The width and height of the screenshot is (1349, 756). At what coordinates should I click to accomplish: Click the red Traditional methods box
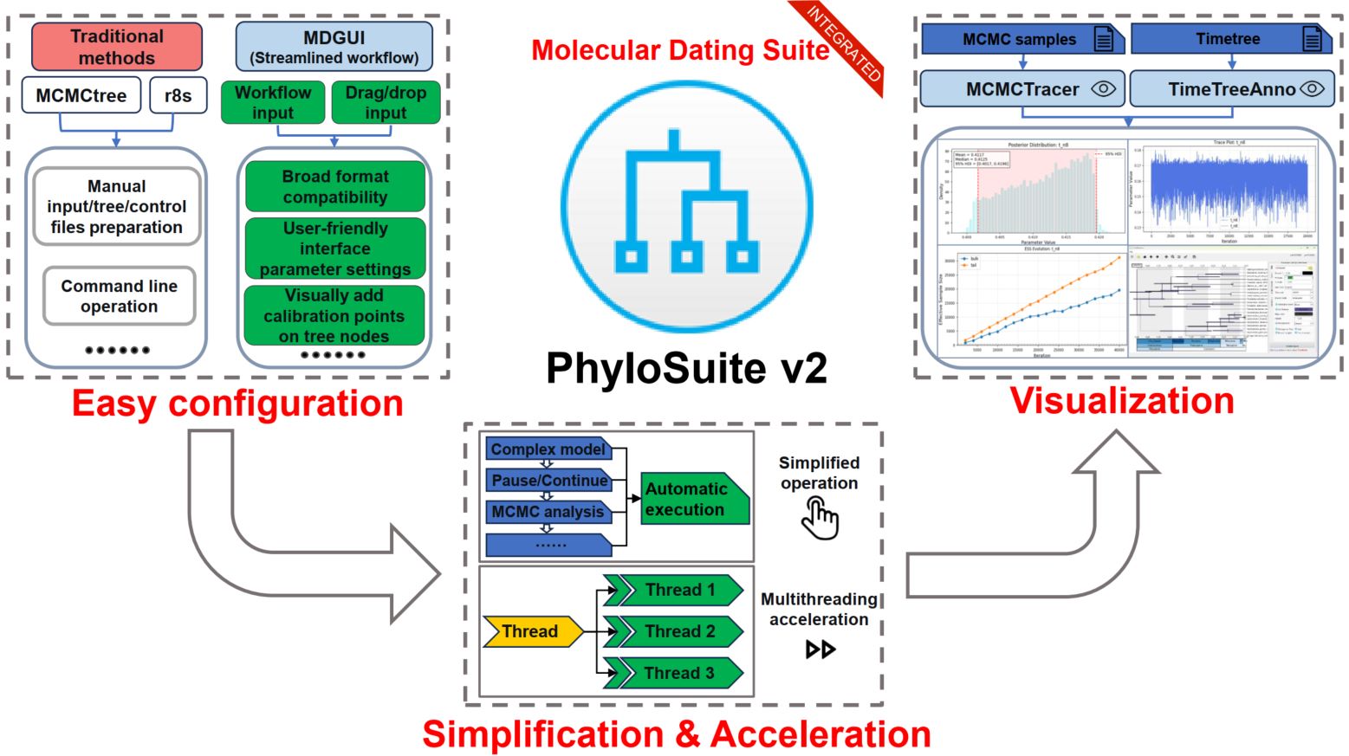click(117, 47)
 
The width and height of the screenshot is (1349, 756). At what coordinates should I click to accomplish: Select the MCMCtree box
click(81, 95)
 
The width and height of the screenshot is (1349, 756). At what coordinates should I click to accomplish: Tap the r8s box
click(178, 95)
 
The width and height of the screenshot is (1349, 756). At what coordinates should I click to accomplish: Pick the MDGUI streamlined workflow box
click(334, 47)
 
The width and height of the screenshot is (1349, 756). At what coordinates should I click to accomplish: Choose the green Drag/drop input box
click(386, 102)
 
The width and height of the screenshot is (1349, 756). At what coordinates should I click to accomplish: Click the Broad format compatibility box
click(335, 186)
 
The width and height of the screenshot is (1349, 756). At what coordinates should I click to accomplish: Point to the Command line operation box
click(120, 296)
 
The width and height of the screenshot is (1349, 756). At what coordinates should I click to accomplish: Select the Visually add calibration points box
click(334, 316)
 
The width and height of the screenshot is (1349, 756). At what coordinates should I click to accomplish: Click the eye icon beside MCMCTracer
click(1103, 88)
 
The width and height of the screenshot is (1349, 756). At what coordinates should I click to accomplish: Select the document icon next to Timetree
click(1313, 39)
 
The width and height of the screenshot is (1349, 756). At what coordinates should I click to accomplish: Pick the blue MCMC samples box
click(1020, 39)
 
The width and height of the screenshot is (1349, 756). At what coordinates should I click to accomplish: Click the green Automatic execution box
click(693, 500)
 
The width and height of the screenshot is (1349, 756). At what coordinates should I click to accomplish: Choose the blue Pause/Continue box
click(549, 481)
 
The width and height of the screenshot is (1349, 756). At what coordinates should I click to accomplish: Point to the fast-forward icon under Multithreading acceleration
click(820, 649)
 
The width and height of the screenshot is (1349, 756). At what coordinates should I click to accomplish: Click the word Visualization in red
click(1122, 401)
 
